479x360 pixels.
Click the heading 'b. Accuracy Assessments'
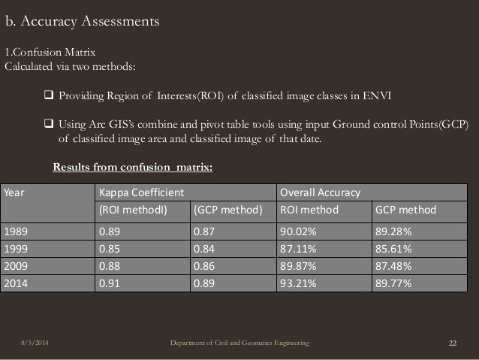[x=83, y=21]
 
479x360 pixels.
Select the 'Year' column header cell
[x=15, y=192]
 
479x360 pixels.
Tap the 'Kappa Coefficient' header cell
[x=139, y=192]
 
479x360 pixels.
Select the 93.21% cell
[x=299, y=285]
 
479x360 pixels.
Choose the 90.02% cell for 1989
[x=299, y=231]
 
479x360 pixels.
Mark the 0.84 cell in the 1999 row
[x=204, y=249]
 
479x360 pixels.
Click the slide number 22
[x=453, y=344]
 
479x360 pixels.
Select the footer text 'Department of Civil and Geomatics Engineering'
[x=239, y=344]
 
